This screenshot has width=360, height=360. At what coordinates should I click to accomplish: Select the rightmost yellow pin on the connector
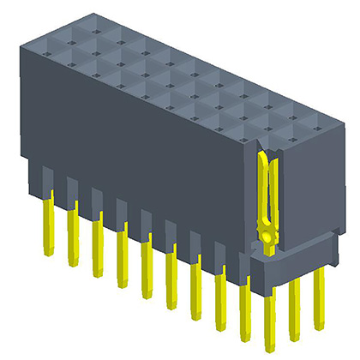(x=319, y=296)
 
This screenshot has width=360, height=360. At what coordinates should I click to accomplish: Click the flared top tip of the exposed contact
(x=265, y=157)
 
